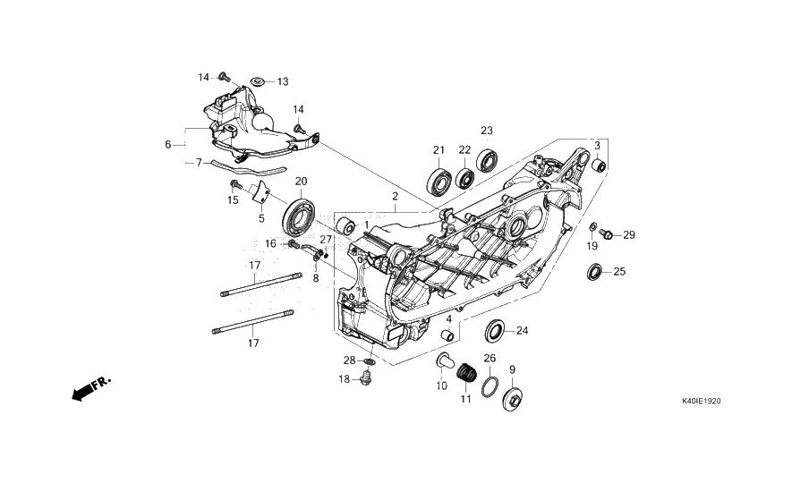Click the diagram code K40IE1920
pos(701,402)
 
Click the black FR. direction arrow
pos(91,388)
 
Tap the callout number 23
pos(487,131)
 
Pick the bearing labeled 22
pos(464,178)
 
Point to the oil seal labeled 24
pos(495,331)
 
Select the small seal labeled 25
pos(594,272)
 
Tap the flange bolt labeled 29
pos(606,234)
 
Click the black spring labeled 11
pos(467,374)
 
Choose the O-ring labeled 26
pos(490,386)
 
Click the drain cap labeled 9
pos(513,399)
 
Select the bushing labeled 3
pos(599,165)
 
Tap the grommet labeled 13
pos(258,80)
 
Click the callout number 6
pos(168,145)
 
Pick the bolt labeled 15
pos(234,184)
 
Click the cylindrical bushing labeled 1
pos(346,226)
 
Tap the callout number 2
pos(395,196)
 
